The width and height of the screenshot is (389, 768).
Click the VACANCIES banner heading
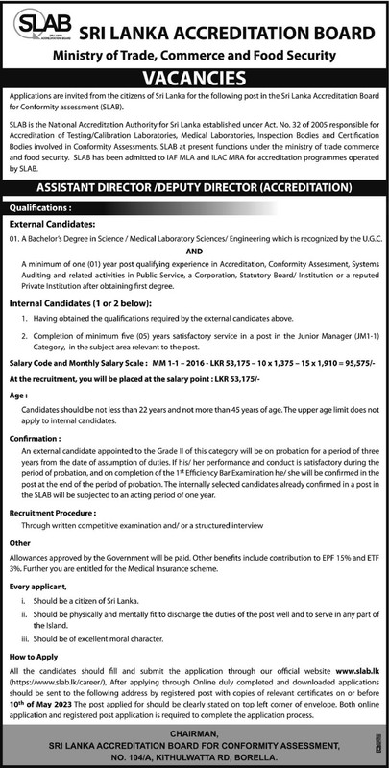point(194,77)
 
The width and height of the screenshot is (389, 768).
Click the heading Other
point(19,541)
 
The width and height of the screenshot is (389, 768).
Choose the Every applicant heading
point(40,585)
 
